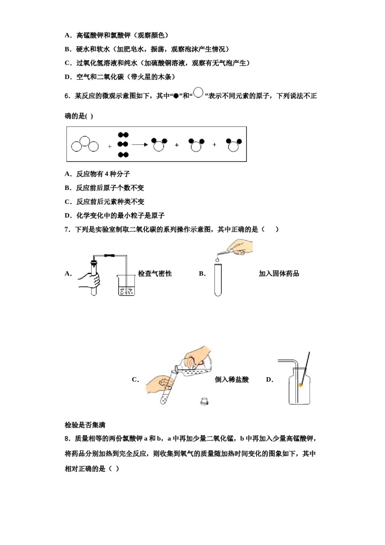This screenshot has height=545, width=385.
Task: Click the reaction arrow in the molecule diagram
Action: [x=140, y=145]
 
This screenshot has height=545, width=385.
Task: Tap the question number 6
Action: [x=67, y=96]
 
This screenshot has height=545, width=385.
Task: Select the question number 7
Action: [x=67, y=230]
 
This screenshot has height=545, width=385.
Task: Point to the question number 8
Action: [x=67, y=438]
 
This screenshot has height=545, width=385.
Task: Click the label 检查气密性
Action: [x=155, y=274]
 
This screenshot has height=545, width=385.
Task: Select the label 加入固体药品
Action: [x=279, y=274]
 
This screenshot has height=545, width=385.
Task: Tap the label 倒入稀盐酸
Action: [x=232, y=380]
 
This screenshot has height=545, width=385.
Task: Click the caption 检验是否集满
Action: [x=85, y=425]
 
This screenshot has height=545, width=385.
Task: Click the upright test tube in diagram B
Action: [x=218, y=280]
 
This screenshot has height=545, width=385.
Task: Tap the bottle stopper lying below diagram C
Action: [x=205, y=401]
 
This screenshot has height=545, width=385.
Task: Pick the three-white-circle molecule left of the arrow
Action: [x=85, y=144]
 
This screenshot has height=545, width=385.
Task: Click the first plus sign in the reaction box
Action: [x=109, y=146]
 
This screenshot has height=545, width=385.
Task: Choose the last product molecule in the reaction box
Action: [x=233, y=145]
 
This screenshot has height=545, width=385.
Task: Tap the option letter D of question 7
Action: [x=269, y=380]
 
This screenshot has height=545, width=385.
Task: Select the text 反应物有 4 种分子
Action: [x=103, y=174]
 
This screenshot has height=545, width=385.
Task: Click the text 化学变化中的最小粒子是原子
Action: [x=120, y=215]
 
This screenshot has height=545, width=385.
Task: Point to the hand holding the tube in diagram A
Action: [x=89, y=280]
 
